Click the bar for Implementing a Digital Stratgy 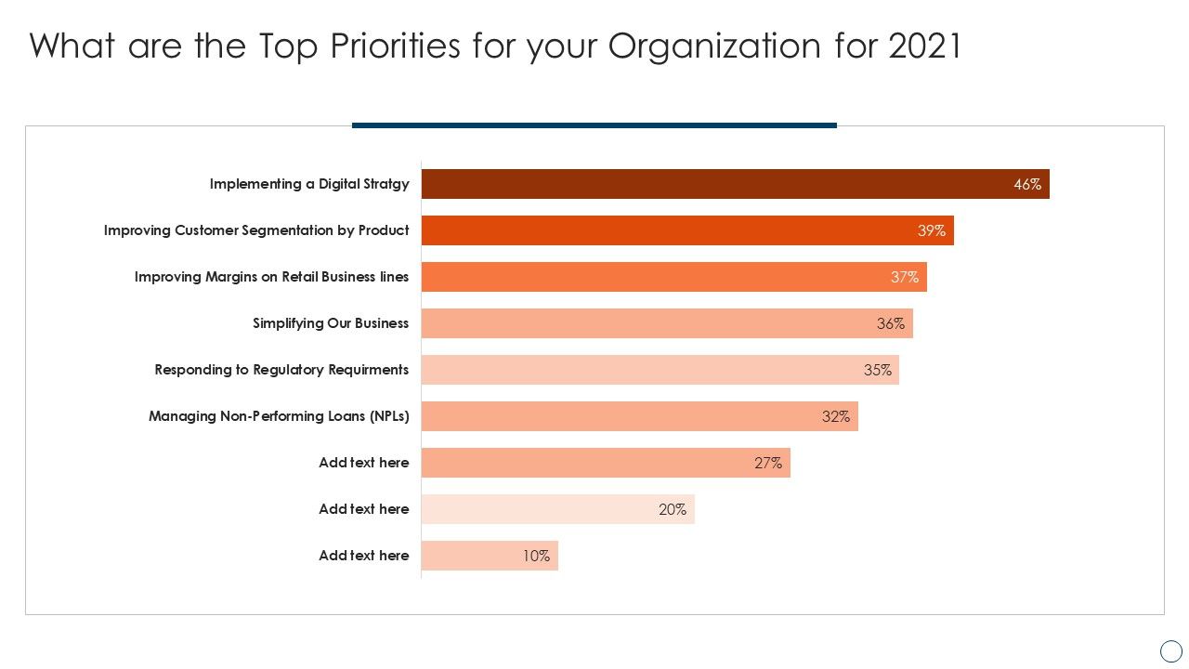tap(734, 184)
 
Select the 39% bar tap(687, 230)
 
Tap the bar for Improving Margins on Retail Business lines tap(673, 277)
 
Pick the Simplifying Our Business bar tap(667, 323)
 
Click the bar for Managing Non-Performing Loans tap(639, 416)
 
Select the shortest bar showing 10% tap(490, 556)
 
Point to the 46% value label tap(1026, 184)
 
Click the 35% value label tap(877, 370)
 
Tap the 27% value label tap(767, 463)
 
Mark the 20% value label tap(672, 509)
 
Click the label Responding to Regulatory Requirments tap(281, 370)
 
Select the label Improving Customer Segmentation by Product tap(256, 230)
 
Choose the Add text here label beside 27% tap(363, 463)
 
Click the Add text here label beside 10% tap(363, 556)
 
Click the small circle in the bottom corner tap(1170, 651)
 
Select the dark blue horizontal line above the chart tap(594, 125)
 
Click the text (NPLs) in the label tap(388, 416)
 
